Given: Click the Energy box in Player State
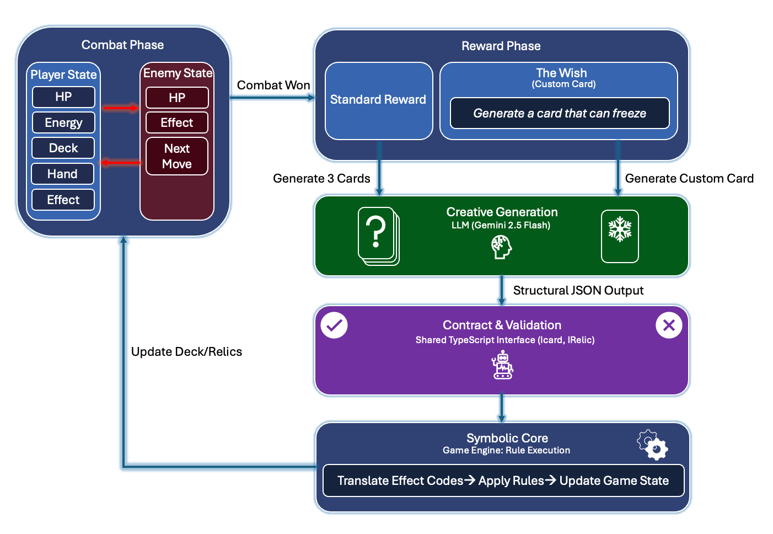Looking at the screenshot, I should point(63,122).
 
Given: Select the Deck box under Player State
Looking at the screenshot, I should point(63,148).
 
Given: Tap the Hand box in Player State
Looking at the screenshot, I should point(63,174).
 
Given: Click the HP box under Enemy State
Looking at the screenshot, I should point(177,98).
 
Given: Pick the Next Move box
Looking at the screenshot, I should point(177,156).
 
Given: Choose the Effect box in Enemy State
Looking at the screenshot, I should point(177,122).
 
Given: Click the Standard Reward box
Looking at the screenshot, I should point(378,100).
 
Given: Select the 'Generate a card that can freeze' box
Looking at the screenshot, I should point(560,113).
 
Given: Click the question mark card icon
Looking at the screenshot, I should point(378,236).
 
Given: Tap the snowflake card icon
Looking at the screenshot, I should point(620,236).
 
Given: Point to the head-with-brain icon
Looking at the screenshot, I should point(501,247).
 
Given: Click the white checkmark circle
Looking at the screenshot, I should point(334,325).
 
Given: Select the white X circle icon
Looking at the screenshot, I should point(669,325).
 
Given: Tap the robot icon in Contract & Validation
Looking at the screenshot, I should point(502,366).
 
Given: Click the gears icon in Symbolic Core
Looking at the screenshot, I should point(653,445).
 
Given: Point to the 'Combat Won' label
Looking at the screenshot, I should point(273,86).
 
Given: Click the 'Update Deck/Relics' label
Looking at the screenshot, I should point(186,352).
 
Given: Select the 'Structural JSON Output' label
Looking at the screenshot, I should point(578,291).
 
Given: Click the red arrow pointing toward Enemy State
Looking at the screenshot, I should point(120,108).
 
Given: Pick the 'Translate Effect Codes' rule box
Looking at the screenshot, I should point(503,480).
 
